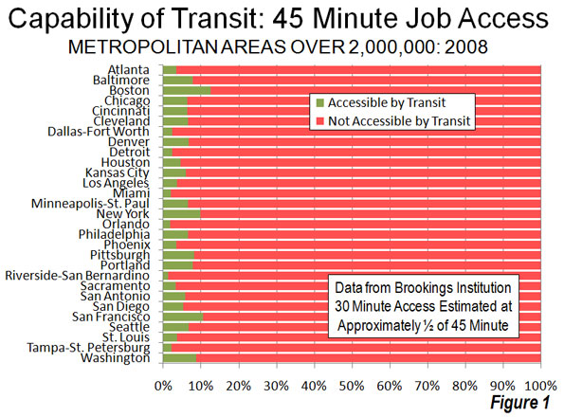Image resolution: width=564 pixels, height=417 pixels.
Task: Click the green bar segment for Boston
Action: [187, 91]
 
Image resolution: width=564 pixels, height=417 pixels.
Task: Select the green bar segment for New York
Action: [182, 214]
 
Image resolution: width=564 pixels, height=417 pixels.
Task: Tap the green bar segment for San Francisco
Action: [183, 317]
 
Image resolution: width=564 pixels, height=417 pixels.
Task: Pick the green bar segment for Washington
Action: [180, 358]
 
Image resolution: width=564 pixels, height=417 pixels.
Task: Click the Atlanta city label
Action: [129, 70]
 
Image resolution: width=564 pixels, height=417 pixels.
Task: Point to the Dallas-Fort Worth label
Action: [99, 132]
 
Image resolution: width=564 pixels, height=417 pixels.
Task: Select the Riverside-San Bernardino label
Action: [78, 276]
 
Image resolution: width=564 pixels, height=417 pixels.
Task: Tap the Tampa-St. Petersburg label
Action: [88, 348]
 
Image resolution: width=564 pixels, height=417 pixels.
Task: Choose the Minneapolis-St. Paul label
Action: [90, 204]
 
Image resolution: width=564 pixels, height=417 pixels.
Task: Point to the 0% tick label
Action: [163, 387]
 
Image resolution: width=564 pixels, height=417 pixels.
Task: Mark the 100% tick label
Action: [541, 387]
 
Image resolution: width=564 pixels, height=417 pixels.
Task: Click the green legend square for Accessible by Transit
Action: [319, 103]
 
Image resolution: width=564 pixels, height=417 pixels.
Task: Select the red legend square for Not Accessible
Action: [319, 121]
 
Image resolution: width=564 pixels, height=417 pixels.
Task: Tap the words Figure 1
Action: [520, 402]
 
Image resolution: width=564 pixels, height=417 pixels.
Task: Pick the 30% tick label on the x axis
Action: [277, 387]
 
